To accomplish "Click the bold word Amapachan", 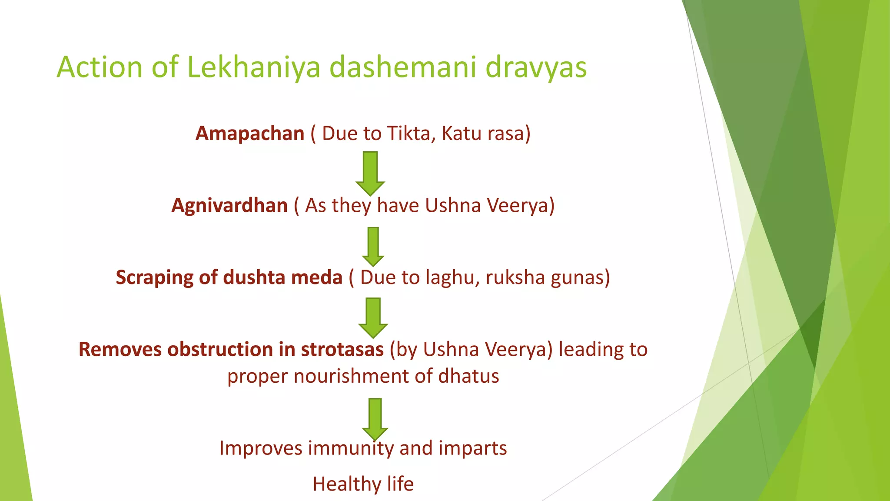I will [250, 134].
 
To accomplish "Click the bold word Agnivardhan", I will [229, 206].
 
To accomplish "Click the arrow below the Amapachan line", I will [370, 173].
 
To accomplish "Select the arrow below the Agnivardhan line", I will [373, 246].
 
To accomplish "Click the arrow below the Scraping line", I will [373, 318].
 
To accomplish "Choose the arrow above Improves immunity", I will [375, 419].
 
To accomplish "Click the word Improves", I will [260, 448].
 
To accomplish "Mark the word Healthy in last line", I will [340, 484].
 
